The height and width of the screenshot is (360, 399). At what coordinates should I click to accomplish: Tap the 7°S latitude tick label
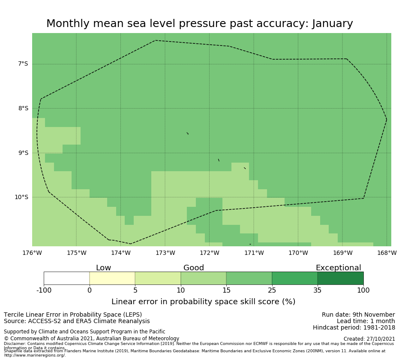23,64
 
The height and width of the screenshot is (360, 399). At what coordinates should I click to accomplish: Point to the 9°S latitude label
23,153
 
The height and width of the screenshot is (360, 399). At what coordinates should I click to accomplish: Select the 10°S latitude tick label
21,197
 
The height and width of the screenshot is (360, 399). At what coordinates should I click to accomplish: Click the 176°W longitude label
32,253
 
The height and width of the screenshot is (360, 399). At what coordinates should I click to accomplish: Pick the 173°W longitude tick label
165,253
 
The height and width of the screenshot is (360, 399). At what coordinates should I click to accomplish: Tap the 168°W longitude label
387,253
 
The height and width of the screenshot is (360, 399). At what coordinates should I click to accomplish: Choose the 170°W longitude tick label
298,253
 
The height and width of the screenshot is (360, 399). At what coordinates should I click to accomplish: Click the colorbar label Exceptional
338,268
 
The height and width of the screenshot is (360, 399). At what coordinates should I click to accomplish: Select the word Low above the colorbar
103,268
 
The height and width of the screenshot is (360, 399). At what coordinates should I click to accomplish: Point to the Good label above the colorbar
194,268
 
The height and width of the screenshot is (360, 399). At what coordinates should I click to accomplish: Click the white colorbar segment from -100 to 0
66,278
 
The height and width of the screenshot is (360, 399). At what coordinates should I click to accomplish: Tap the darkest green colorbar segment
340,278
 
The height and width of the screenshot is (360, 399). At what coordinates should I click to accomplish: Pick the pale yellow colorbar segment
112,278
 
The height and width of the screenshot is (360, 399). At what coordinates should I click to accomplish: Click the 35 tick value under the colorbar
318,290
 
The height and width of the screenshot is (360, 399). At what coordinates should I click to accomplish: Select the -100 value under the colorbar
44,290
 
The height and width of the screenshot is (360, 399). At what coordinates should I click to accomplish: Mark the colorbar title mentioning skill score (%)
203,302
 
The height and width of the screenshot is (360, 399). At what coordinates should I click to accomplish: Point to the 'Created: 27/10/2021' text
369,339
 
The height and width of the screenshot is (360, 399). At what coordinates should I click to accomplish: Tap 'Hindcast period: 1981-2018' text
354,328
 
